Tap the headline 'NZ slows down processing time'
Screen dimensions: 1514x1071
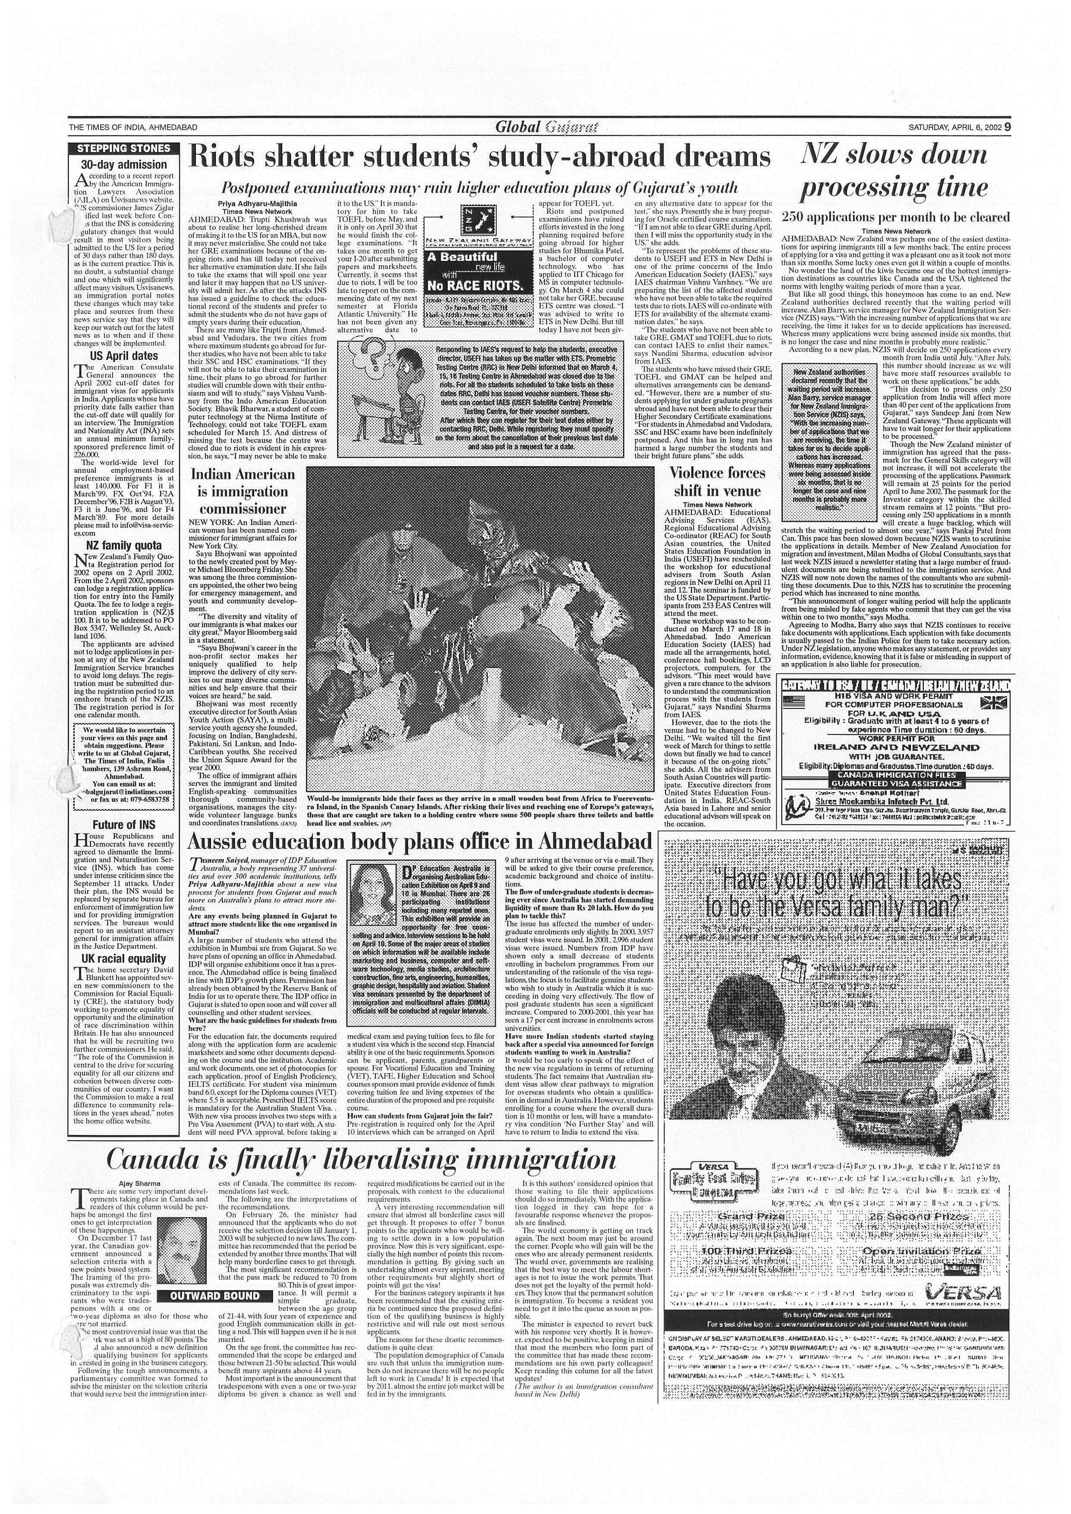point(894,171)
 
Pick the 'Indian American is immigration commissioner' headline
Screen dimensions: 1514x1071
point(243,491)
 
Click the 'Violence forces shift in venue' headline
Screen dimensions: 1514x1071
point(717,481)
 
